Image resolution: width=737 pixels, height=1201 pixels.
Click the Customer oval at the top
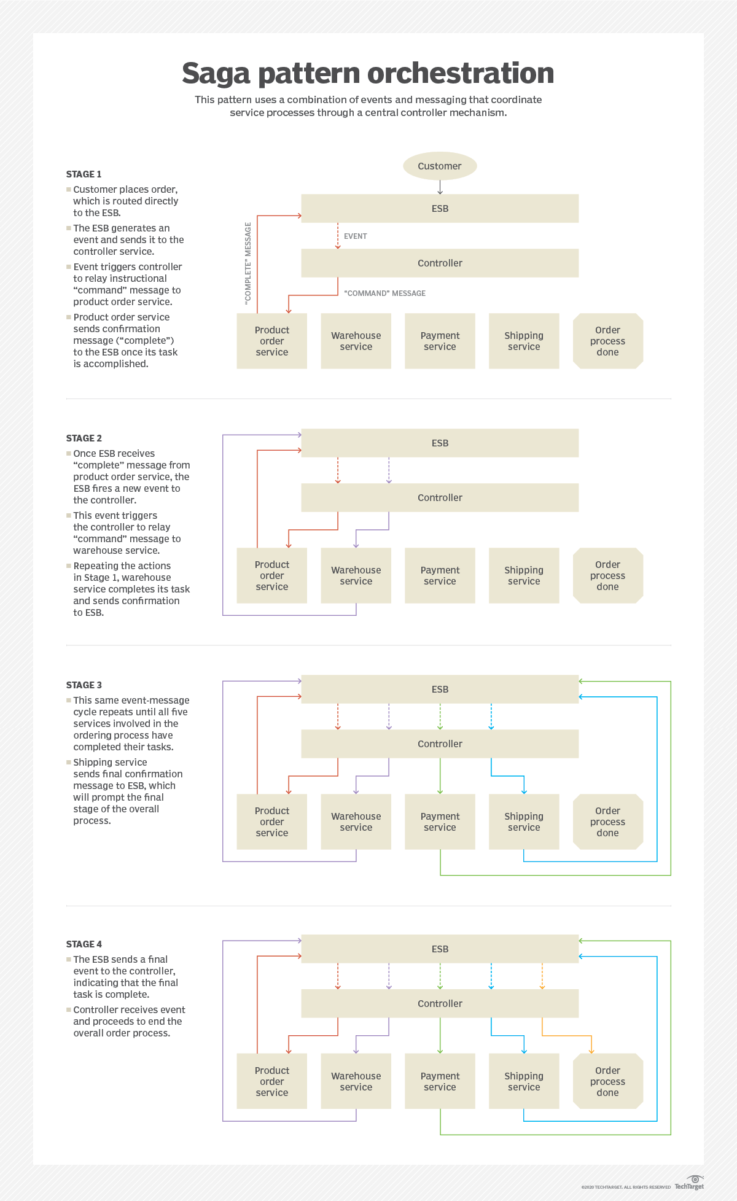click(x=440, y=166)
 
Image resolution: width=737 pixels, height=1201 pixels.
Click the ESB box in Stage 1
click(x=440, y=208)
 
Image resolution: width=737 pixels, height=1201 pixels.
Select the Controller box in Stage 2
click(x=440, y=497)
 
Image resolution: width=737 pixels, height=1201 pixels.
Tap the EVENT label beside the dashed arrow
click(x=355, y=236)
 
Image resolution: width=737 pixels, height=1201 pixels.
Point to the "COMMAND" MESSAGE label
click(x=384, y=293)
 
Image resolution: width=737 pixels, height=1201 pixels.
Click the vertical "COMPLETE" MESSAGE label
click(x=248, y=263)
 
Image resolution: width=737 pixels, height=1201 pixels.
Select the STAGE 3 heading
click(x=84, y=685)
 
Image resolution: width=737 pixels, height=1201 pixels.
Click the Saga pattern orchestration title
click(x=368, y=73)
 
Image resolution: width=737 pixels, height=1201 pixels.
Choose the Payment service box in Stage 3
click(x=440, y=822)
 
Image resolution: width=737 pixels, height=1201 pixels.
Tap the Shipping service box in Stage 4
click(x=524, y=1081)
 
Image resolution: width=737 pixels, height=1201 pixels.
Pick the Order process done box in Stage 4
click(x=607, y=1081)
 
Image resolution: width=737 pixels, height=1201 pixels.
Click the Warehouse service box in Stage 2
click(x=356, y=575)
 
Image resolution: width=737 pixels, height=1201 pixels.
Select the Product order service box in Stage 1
click(x=271, y=341)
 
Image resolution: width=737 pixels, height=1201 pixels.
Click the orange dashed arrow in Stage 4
click(x=542, y=976)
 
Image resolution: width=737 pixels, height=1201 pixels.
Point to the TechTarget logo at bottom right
click(x=690, y=1183)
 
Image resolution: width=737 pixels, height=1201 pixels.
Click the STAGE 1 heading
click(x=84, y=174)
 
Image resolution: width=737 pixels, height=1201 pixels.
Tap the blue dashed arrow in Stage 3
click(x=491, y=716)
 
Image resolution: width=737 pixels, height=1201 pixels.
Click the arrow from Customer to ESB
click(x=440, y=187)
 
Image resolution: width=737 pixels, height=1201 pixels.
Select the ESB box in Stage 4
click(x=440, y=949)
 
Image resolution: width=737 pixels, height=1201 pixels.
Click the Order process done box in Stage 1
click(x=607, y=341)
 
